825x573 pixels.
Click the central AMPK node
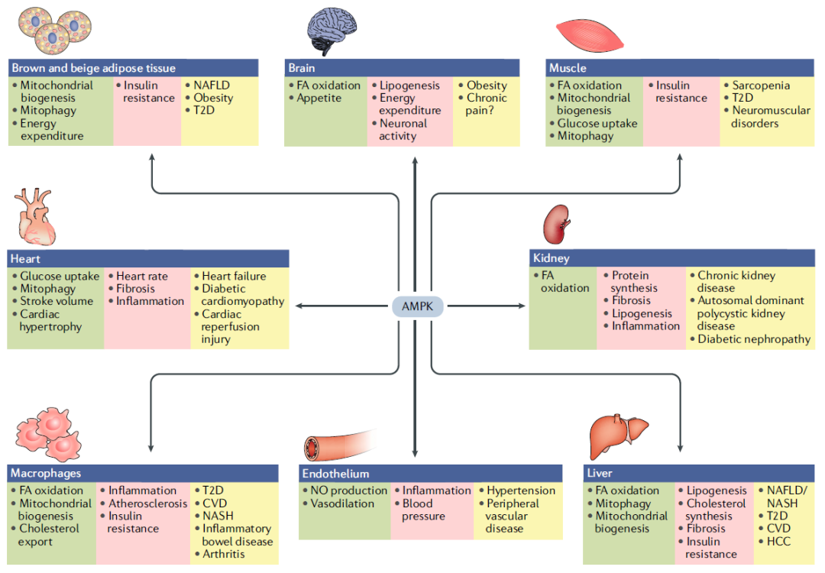[x=416, y=306]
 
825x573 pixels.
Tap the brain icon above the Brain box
[x=332, y=31]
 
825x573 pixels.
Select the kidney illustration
[x=557, y=224]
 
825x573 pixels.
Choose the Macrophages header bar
[x=144, y=474]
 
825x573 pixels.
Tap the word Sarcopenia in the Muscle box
[x=760, y=86]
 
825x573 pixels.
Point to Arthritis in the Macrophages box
[x=223, y=554]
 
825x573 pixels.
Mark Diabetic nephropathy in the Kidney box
[x=753, y=338]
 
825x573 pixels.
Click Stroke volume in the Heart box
[x=57, y=301]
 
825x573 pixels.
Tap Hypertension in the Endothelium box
[x=521, y=490]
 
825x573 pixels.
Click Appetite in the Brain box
[x=319, y=98]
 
